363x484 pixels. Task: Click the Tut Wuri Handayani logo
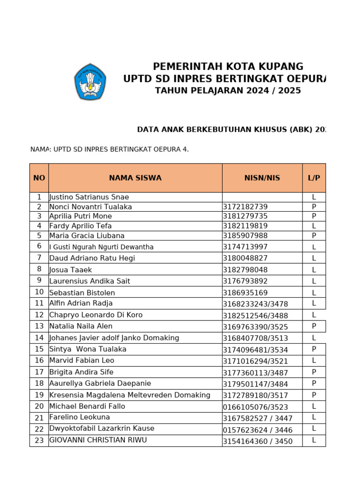(90, 82)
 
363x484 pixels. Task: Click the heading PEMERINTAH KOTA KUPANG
(228, 67)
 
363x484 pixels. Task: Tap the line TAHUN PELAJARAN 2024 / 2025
(228, 91)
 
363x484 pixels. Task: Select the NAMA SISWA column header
(135, 178)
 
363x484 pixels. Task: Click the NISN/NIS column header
(262, 178)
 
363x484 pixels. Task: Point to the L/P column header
(314, 178)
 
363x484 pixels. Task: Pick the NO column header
(39, 178)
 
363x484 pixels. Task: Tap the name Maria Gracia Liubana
(87, 235)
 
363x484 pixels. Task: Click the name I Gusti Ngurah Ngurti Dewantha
(102, 247)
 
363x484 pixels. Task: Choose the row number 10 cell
(39, 292)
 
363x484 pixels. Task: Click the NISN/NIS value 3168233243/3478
(255, 304)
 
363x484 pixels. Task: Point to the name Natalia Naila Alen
(81, 326)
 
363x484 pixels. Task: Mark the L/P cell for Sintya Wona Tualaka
(314, 349)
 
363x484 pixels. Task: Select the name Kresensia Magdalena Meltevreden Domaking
(130, 395)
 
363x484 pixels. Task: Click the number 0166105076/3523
(255, 407)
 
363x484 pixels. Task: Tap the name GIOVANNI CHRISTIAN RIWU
(98, 440)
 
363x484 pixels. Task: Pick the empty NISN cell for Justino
(262, 197)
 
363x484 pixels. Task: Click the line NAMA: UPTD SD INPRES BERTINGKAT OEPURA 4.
(110, 149)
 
